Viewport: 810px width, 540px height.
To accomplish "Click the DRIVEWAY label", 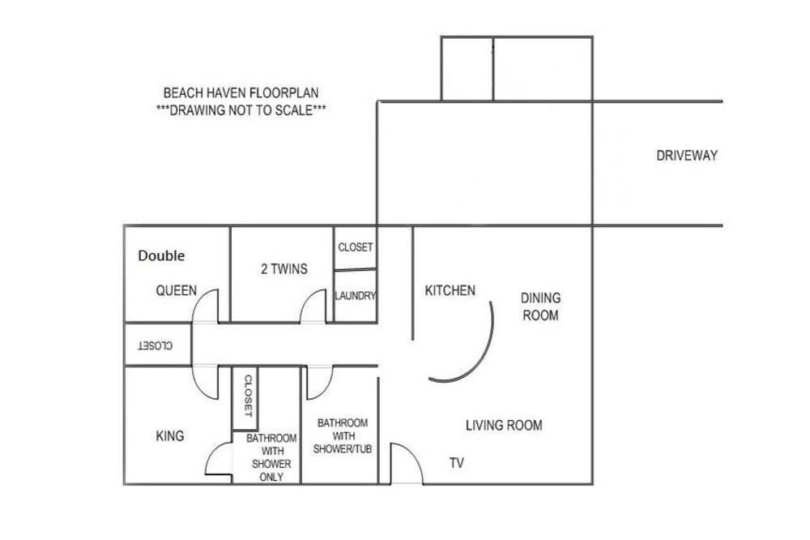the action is coord(687,156).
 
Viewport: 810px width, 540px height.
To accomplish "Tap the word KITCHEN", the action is coord(450,291).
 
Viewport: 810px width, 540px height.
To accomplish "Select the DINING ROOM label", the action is coord(540,306).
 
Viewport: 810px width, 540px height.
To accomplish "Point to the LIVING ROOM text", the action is coord(504,426).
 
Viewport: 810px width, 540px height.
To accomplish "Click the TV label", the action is coord(457,463).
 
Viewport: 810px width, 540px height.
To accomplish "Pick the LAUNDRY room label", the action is coord(356,296).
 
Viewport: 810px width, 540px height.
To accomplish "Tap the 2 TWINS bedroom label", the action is coord(284,269).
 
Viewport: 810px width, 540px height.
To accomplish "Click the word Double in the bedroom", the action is coord(161,255).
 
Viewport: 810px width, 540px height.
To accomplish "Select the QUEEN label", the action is coord(176,291).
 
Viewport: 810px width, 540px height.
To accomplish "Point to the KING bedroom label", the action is coord(170,436).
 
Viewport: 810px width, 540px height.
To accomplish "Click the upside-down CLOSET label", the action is coord(155,345).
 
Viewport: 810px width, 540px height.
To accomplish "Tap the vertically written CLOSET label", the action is coord(248,396).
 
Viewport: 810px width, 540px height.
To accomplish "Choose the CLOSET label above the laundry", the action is coord(356,247).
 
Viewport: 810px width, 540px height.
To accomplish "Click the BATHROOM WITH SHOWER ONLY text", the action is coord(271,458).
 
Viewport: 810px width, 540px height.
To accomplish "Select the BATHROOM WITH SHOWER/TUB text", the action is coord(343,436).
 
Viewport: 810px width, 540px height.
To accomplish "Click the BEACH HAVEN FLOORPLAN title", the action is coord(241,93).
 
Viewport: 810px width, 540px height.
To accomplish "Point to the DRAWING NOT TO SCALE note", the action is coord(241,110).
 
